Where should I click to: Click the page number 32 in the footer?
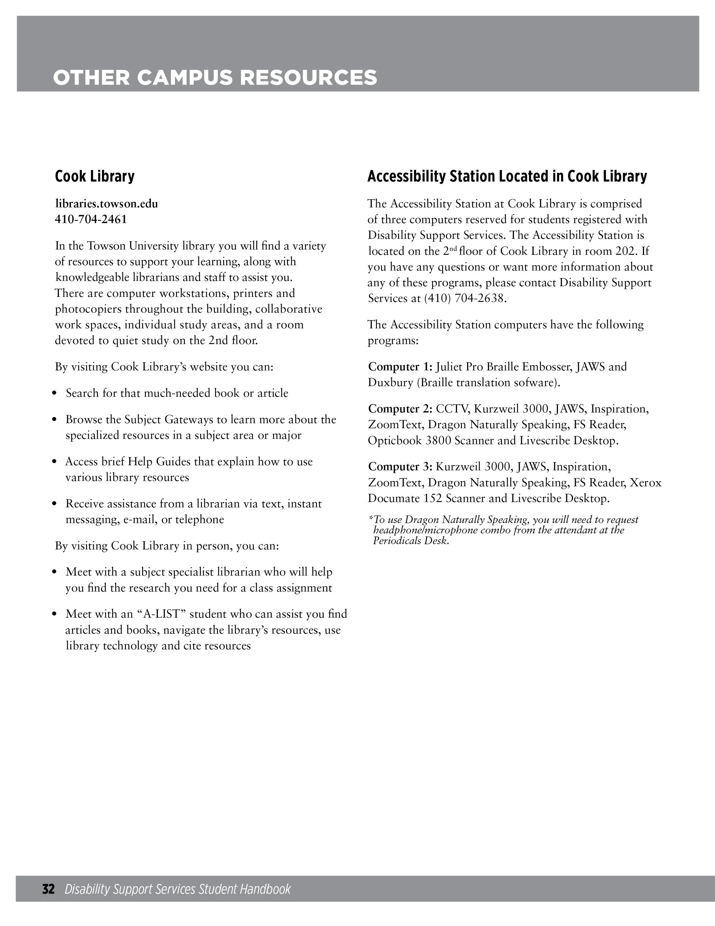point(48,889)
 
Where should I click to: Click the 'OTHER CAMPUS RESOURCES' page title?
point(215,78)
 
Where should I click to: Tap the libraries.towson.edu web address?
point(106,204)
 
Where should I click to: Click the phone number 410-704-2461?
point(91,220)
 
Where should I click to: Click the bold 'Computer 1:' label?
point(400,367)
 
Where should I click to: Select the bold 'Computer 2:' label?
point(400,409)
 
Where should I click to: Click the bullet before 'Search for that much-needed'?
point(54,394)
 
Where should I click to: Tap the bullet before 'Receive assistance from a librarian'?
point(54,504)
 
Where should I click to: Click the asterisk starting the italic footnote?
point(371,519)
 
